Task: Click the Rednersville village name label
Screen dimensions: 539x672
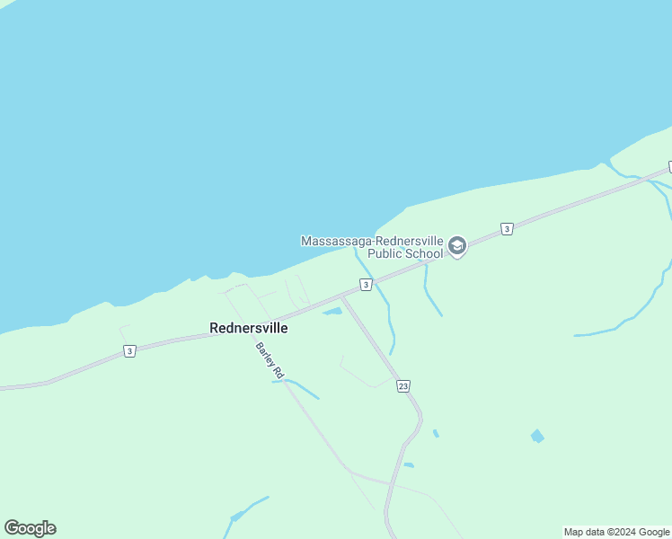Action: pyautogui.click(x=248, y=329)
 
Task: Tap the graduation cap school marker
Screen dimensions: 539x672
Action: pyautogui.click(x=457, y=246)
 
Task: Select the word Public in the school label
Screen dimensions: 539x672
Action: pyautogui.click(x=388, y=253)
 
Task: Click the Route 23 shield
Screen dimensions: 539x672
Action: pyautogui.click(x=403, y=385)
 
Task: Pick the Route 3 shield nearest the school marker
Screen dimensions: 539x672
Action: pyautogui.click(x=507, y=229)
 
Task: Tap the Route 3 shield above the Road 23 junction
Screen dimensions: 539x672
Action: pyautogui.click(x=366, y=285)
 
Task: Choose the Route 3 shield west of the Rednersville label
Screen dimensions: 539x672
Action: pyautogui.click(x=130, y=351)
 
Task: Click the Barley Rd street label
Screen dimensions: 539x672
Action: pyautogui.click(x=270, y=359)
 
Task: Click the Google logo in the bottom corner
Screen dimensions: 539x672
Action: pyautogui.click(x=31, y=528)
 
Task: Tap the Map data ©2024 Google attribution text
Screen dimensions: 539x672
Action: pyautogui.click(x=616, y=532)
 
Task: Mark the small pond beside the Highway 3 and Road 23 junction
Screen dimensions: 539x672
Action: pyautogui.click(x=332, y=312)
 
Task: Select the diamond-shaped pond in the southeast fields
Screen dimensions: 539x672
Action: pyautogui.click(x=537, y=436)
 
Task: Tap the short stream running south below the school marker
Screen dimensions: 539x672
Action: pyautogui.click(x=432, y=292)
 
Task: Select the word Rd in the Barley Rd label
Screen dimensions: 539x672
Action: pyautogui.click(x=278, y=371)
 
